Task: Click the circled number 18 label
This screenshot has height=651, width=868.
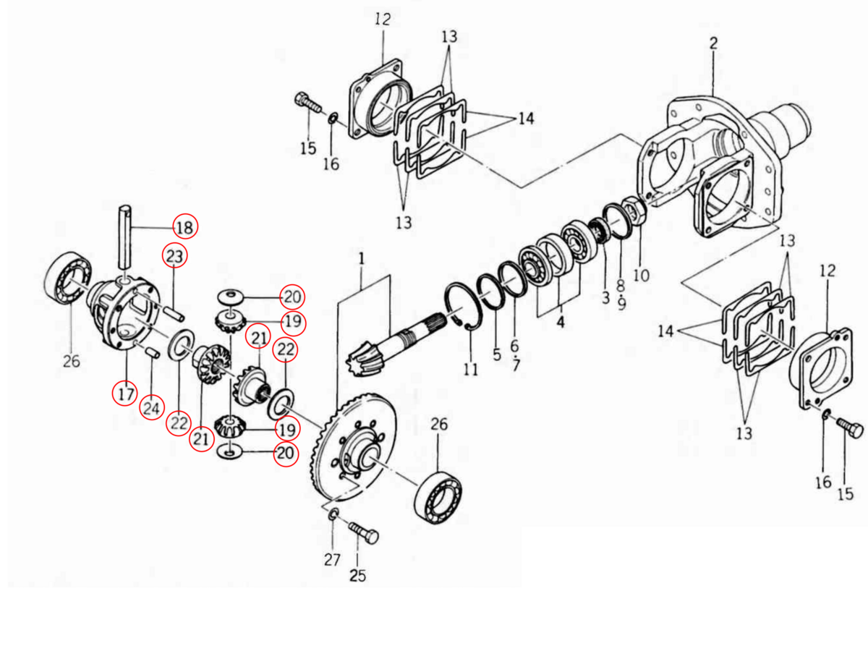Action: (185, 228)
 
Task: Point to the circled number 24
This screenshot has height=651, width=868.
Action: (151, 408)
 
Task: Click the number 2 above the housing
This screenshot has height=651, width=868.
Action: (713, 43)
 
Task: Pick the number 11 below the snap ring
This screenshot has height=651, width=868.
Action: (471, 370)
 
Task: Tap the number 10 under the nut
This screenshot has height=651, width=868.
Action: (641, 276)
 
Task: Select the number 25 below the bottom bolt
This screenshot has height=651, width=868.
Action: (358, 576)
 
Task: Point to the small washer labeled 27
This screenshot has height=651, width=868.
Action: (333, 514)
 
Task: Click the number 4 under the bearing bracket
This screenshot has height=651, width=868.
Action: (561, 323)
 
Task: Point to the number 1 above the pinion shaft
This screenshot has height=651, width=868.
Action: (361, 258)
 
